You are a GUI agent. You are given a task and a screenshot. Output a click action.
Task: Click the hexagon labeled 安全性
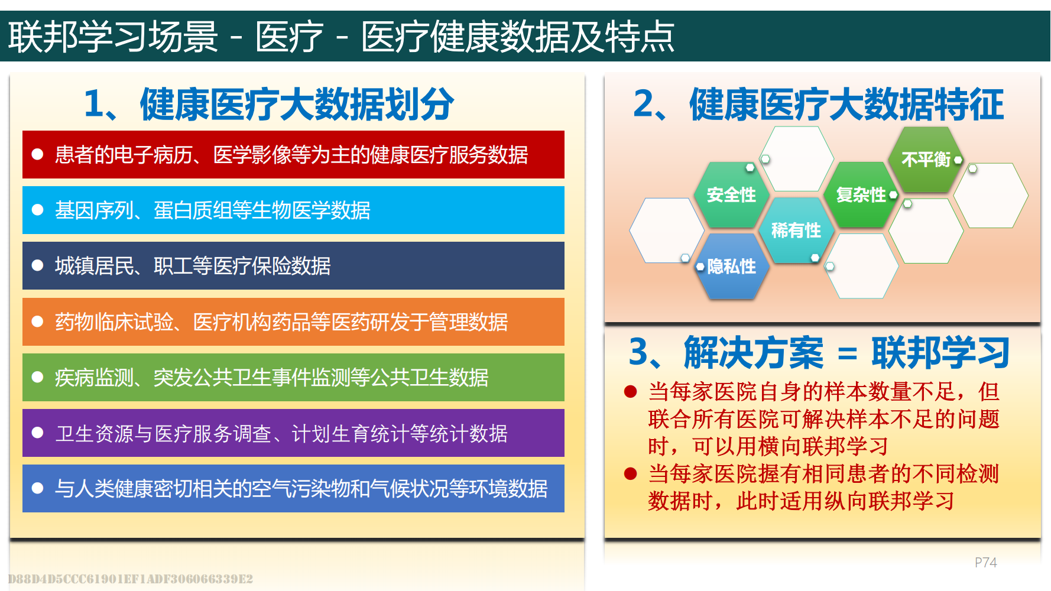[732, 195]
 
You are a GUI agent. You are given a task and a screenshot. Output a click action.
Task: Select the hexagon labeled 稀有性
[796, 230]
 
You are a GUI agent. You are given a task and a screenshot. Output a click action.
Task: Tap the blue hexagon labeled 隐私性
[732, 267]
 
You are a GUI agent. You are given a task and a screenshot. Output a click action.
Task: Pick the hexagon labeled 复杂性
[861, 195]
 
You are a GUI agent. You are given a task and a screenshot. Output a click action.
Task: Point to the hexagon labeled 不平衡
[926, 160]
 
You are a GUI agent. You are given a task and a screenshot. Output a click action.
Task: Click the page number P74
[985, 563]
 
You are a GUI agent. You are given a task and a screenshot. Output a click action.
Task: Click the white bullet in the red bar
[38, 154]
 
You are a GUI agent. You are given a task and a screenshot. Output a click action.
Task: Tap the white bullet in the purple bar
[38, 433]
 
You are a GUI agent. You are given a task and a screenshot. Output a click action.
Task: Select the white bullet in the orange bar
[38, 322]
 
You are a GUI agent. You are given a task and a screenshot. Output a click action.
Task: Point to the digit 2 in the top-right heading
[644, 104]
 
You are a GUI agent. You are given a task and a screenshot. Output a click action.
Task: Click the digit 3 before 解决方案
[639, 352]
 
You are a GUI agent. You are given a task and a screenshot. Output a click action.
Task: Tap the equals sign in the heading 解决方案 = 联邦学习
[847, 353]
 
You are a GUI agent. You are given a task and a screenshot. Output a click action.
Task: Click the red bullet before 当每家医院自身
[631, 391]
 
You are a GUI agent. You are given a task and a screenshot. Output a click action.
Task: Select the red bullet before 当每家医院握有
[631, 473]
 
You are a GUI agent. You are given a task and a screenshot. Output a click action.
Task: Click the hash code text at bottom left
[131, 579]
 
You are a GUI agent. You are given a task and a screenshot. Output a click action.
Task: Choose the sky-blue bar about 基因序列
[293, 210]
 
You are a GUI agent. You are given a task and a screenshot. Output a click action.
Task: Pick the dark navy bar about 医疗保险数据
[293, 265]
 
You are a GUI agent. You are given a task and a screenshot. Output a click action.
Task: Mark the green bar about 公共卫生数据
[293, 377]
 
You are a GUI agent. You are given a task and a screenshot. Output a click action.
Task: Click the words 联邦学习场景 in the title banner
[113, 37]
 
